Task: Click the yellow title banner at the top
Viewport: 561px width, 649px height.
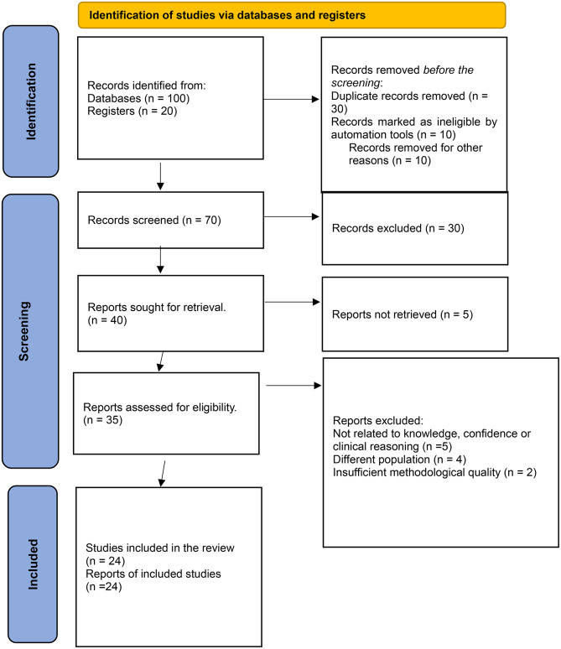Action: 291,14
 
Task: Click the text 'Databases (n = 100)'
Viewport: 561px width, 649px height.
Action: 140,96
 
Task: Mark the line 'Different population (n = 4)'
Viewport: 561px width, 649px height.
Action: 388,460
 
